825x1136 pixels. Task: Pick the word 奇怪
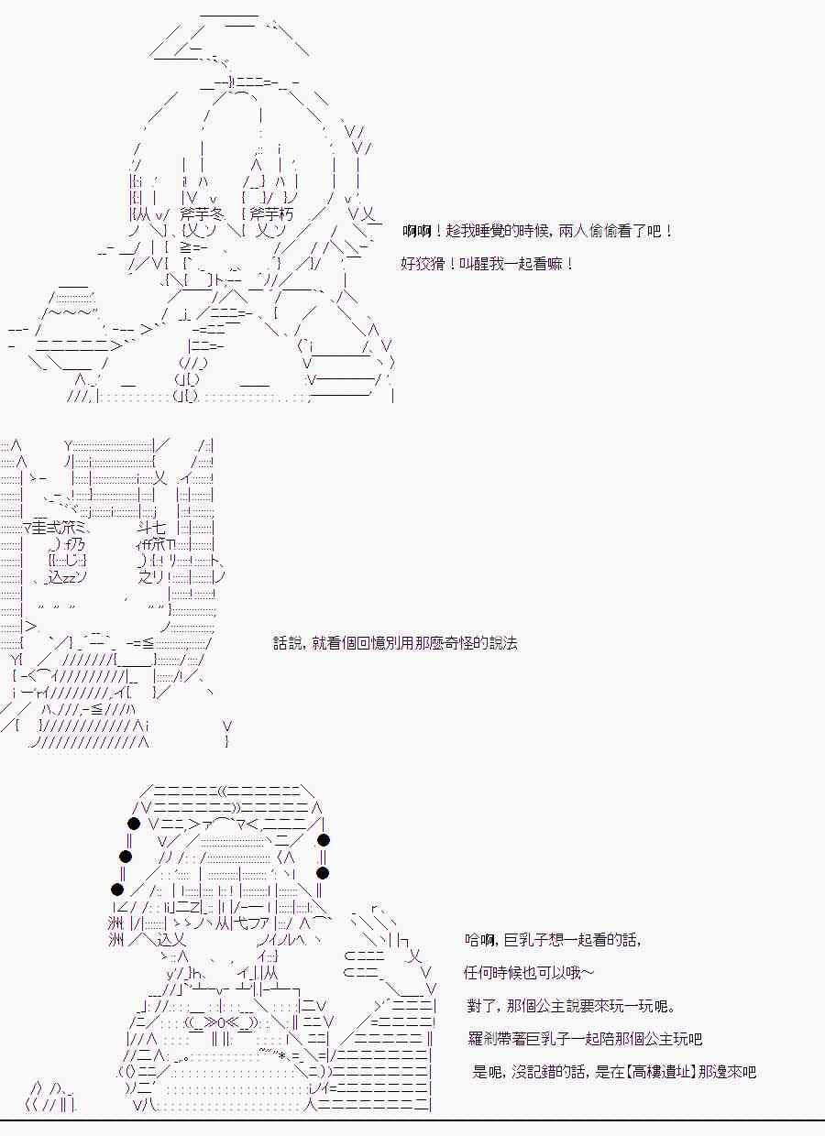pos(460,643)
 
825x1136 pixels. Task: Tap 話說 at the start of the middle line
pos(287,643)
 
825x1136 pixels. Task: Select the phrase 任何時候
pos(495,973)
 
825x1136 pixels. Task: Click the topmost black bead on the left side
pos(134,825)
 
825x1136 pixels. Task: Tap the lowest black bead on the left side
pos(116,890)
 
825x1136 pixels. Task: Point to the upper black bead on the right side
pos(323,840)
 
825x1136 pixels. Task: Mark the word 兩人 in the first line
pos(569,232)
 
